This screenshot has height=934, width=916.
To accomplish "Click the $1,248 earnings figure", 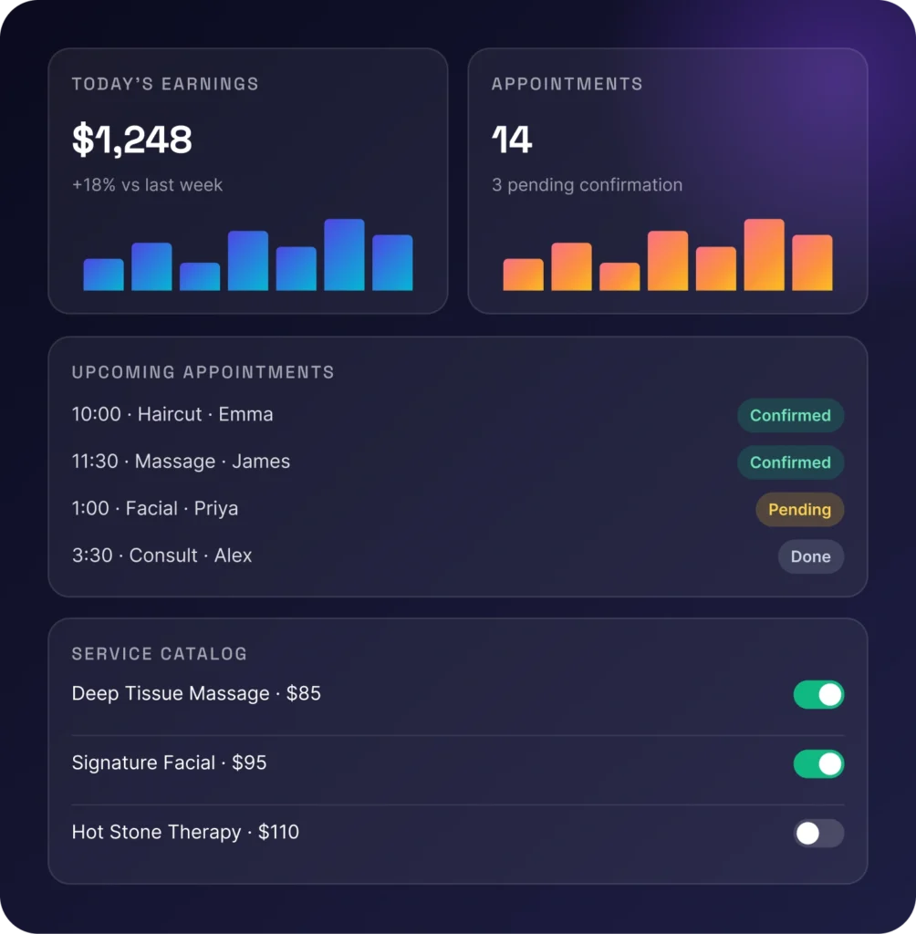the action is [x=131, y=140].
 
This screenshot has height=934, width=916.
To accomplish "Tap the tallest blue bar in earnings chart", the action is [x=344, y=255].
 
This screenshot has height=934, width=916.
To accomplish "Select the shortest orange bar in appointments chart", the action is [x=619, y=276].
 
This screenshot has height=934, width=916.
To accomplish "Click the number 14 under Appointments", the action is [x=511, y=140].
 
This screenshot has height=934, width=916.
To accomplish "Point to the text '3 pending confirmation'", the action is [x=587, y=184].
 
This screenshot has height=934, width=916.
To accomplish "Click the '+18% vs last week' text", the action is [x=147, y=184].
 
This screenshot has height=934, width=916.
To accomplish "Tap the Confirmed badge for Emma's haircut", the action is [x=790, y=415].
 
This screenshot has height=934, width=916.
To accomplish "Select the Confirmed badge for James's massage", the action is [x=790, y=462].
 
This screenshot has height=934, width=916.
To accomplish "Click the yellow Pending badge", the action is [x=799, y=509].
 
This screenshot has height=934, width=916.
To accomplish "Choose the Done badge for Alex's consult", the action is [x=810, y=556].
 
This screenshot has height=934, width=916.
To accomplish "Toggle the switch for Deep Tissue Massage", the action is [x=818, y=694].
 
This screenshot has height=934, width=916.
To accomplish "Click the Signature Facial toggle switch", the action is [x=818, y=763].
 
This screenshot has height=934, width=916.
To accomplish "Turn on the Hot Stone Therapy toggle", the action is [x=818, y=833].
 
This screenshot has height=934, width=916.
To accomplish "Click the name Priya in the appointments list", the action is [x=215, y=509].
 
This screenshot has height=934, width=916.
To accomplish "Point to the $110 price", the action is [x=278, y=832].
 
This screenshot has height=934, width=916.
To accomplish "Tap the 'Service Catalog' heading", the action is [x=159, y=653].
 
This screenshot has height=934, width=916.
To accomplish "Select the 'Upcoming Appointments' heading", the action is [x=203, y=372].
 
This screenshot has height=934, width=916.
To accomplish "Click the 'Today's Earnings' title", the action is [x=165, y=84].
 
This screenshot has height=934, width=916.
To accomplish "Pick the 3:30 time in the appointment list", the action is [x=92, y=555].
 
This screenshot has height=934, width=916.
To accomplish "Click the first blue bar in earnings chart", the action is [x=103, y=275].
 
